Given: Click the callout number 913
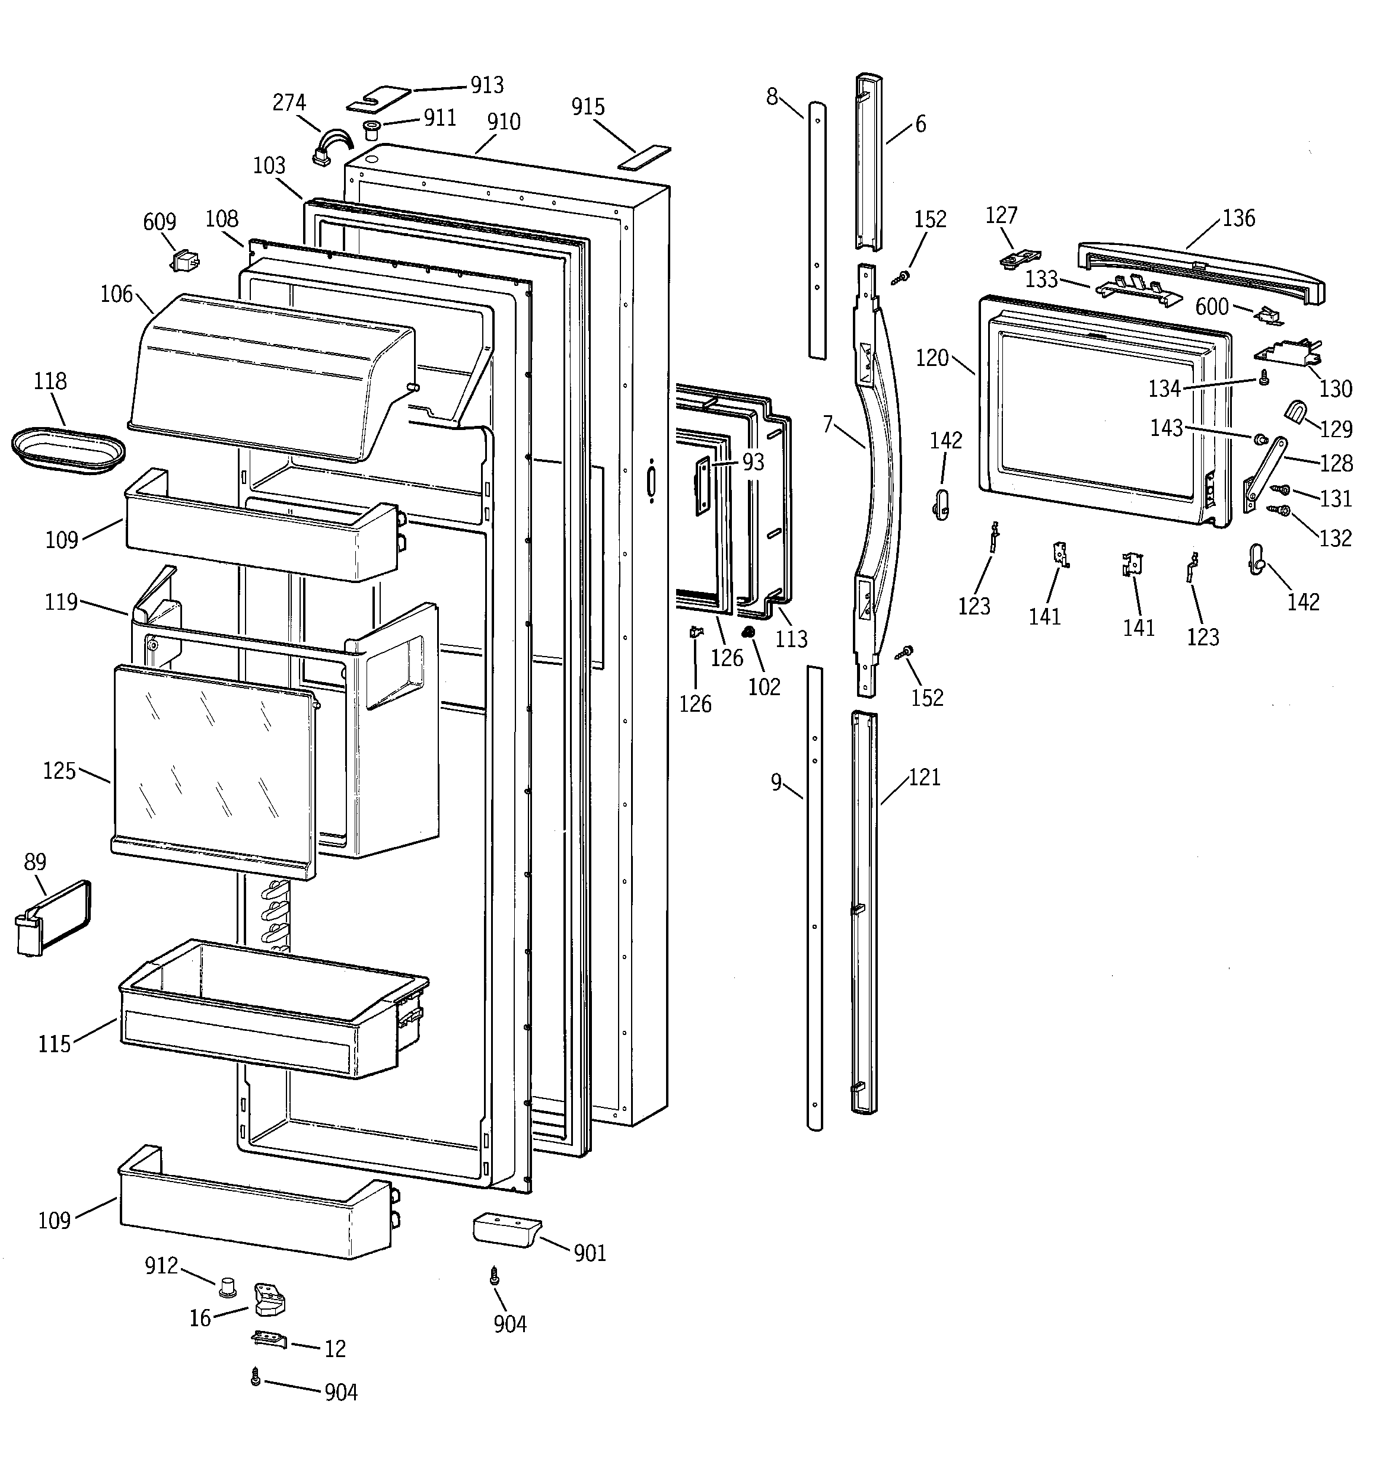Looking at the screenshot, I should [x=487, y=85].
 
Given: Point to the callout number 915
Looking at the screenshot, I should [x=588, y=108].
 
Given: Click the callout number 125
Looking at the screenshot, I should [x=59, y=771].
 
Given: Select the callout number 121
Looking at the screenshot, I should [x=924, y=778].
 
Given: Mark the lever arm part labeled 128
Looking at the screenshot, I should [x=1264, y=473].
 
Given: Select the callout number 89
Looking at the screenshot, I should [x=35, y=862].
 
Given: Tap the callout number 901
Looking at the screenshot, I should [x=590, y=1253].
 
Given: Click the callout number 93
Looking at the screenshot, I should [x=753, y=462].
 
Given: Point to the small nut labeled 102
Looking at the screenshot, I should [x=747, y=632].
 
